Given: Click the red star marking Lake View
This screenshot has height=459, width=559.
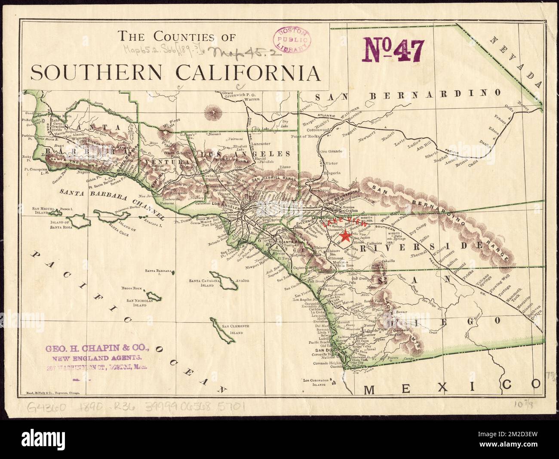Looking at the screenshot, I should coord(344,236).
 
